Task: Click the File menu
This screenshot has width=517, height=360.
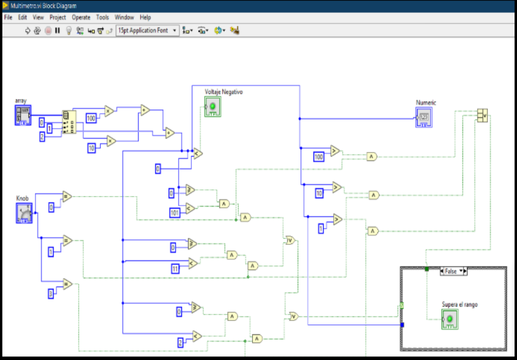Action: (8, 17)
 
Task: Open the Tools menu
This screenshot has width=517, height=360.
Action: (102, 17)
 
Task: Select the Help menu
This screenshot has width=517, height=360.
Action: (145, 17)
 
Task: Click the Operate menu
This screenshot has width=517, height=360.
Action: (81, 17)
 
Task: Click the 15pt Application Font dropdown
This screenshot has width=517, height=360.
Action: (147, 30)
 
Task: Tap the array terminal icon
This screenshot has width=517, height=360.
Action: (23, 116)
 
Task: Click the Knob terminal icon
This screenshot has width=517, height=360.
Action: (24, 213)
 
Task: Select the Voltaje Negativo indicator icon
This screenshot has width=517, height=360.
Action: (213, 107)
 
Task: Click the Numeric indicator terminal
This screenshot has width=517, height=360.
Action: (424, 117)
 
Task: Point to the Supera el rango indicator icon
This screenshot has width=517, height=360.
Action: (449, 320)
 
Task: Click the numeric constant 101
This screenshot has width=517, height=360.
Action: (175, 213)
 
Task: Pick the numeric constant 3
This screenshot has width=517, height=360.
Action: (50, 293)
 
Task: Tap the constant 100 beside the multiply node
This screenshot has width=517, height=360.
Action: (91, 119)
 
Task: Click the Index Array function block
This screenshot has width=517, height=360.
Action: (69, 123)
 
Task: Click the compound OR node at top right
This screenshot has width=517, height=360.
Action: (482, 116)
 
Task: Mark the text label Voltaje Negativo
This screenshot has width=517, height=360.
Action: (224, 92)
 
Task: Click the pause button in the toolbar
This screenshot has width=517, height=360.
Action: (58, 30)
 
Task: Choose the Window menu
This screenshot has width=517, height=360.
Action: (124, 17)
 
